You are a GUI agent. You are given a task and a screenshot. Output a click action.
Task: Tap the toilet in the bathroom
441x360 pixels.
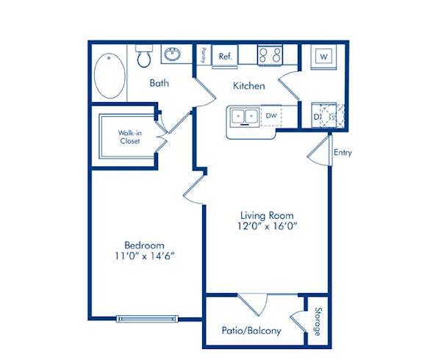(143, 56)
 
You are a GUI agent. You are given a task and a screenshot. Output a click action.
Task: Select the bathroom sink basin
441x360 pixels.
(174, 54)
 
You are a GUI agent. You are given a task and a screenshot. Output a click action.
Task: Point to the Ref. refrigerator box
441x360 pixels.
(224, 56)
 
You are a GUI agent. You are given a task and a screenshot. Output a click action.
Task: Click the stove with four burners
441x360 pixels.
(269, 56)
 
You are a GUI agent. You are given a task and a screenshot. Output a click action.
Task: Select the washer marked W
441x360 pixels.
(323, 57)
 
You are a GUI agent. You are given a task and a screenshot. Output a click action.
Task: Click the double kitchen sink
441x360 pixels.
(243, 116)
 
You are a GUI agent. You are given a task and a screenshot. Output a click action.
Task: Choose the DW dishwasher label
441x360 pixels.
(271, 116)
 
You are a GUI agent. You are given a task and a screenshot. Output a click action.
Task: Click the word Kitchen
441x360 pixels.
(249, 86)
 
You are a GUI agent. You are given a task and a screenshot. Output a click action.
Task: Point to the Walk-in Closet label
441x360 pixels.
(129, 137)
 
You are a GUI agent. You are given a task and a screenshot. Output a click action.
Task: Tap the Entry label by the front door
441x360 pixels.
(343, 153)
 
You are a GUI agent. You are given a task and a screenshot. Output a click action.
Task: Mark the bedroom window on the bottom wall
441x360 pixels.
(147, 319)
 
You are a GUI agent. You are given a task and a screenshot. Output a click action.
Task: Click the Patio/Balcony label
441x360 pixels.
(251, 331)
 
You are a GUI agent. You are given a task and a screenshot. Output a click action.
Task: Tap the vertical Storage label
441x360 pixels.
(318, 322)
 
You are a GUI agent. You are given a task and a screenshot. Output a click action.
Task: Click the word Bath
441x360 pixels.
(159, 83)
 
